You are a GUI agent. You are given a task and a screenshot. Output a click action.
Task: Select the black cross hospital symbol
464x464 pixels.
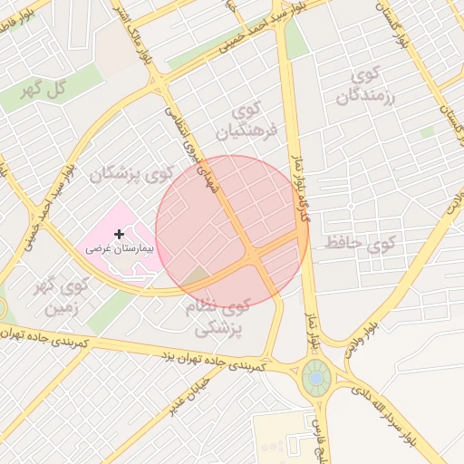119,234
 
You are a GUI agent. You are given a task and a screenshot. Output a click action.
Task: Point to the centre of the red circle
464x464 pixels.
232,231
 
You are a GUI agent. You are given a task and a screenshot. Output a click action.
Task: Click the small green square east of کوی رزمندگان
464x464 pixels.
427,132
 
